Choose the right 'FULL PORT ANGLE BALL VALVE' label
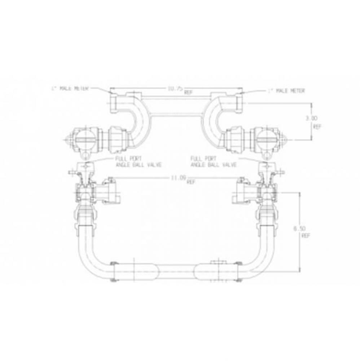click(213, 161)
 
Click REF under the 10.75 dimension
click(188, 92)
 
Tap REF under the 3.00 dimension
click(317, 127)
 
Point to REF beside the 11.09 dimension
click(191, 182)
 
